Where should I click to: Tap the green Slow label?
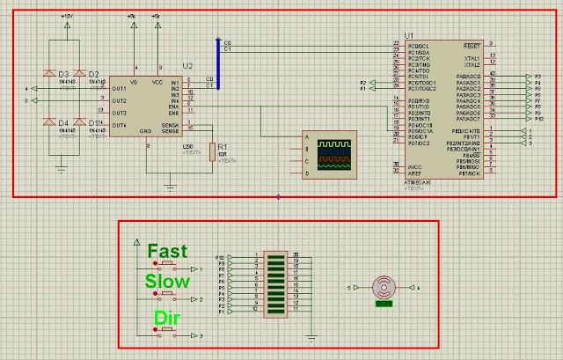coord(167,282)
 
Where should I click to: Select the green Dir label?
coord(167,317)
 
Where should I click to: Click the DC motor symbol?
coord(383,287)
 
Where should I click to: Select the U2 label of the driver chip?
coord(186,66)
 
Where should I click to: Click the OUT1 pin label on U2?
coord(120,89)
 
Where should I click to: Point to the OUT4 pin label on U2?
coord(120,124)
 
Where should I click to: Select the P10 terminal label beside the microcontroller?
coord(538,118)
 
